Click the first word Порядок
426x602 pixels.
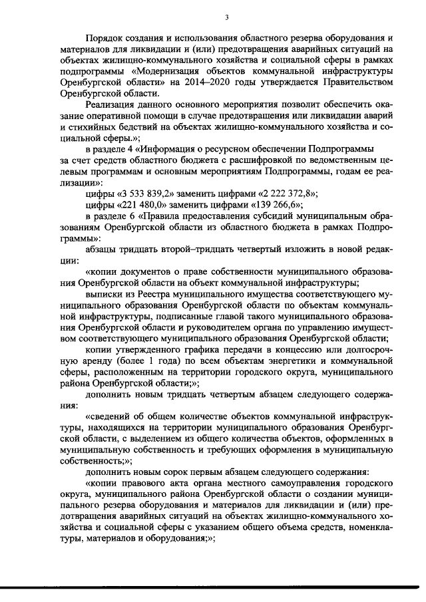point(107,38)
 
